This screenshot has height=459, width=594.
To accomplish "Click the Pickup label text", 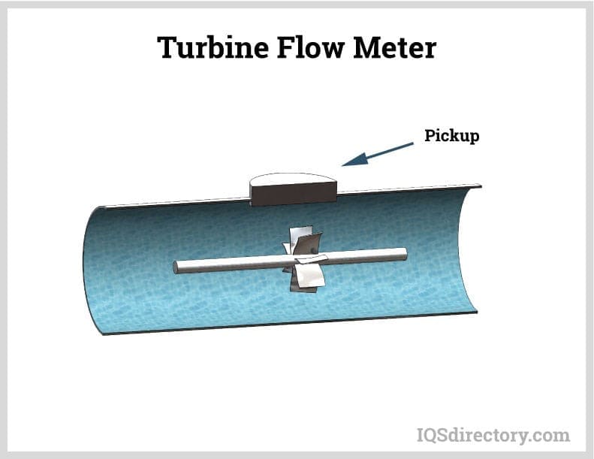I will [x=451, y=136].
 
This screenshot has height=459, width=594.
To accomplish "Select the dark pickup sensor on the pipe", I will [x=294, y=194].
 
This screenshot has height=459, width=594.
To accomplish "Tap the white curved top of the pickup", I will [x=294, y=179].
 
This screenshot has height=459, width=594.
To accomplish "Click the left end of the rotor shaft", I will [x=178, y=267].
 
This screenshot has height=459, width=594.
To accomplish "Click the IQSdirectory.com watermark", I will [x=493, y=434].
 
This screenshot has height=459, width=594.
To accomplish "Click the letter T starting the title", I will [x=167, y=48].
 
